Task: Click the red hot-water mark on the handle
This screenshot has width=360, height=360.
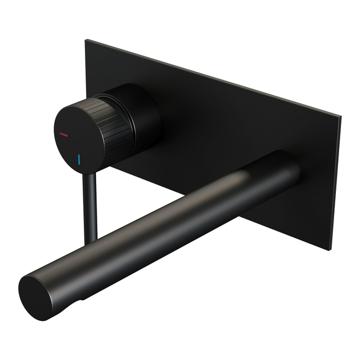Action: [63, 135]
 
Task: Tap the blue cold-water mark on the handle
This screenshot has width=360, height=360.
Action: [80, 159]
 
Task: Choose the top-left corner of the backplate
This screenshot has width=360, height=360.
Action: [87, 40]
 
